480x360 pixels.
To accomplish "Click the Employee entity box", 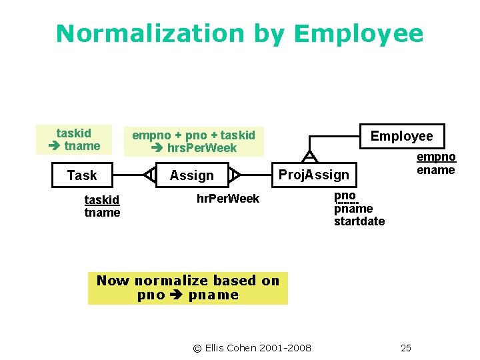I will (x=401, y=136).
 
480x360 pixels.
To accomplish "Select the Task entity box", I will (x=82, y=175).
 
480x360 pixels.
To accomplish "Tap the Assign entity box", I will (x=191, y=175).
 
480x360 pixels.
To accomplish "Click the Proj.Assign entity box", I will (x=313, y=175).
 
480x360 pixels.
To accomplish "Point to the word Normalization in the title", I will (x=151, y=33).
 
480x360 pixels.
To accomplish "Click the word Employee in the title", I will (x=358, y=33).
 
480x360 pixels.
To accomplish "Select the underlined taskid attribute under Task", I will (x=102, y=200).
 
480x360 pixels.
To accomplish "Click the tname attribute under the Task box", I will (x=102, y=213).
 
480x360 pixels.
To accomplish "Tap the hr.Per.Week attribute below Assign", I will (x=227, y=199).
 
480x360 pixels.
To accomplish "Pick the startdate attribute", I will (x=359, y=221).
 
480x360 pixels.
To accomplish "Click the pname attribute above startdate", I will (x=353, y=209).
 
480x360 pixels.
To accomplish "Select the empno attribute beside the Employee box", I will (x=436, y=157).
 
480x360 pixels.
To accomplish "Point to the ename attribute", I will (x=436, y=170).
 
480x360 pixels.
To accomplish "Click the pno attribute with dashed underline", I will (x=345, y=196).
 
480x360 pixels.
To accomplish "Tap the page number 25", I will (x=406, y=348).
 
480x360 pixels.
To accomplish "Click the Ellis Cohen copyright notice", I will (x=251, y=348).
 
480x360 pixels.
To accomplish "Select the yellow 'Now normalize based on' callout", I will (x=188, y=288).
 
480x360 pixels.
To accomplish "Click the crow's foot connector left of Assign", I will (x=150, y=175).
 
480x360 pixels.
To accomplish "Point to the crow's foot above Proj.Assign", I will (x=309, y=157).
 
